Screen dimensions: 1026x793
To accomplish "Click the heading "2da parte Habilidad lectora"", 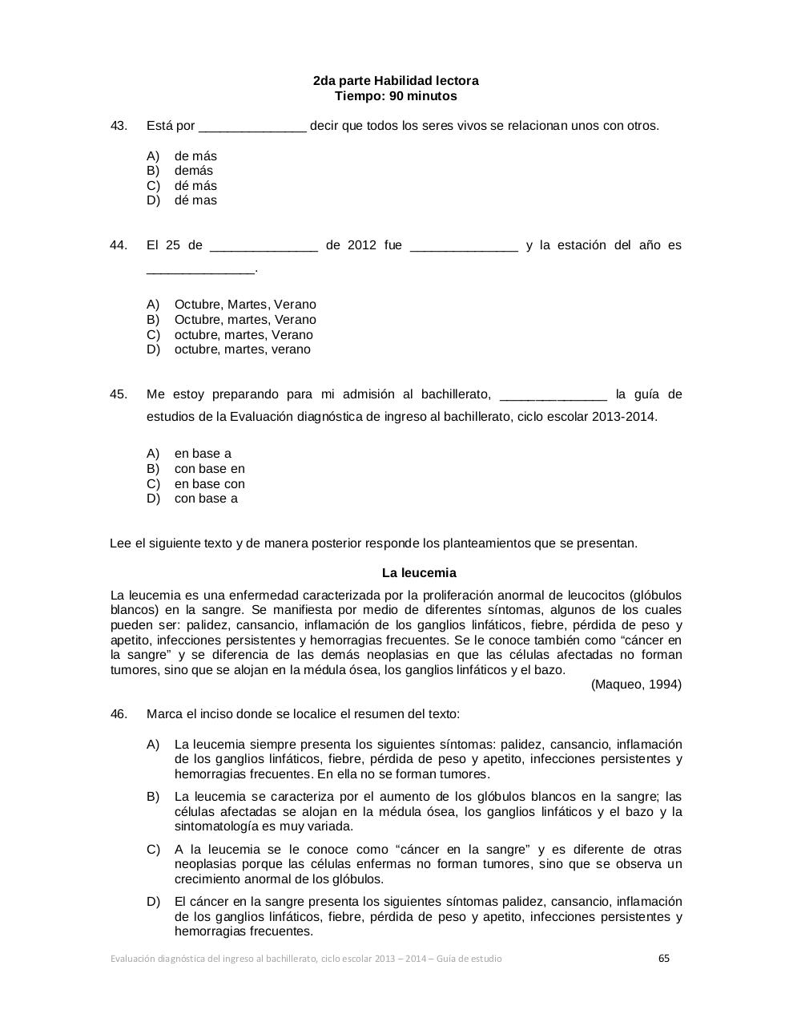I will (x=396, y=81).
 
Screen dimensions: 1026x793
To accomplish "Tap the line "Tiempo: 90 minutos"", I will (x=396, y=96).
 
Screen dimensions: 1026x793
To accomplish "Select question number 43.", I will (x=119, y=126).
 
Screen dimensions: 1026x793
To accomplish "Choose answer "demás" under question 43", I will (x=194, y=171).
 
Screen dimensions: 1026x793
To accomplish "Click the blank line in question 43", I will (x=252, y=127).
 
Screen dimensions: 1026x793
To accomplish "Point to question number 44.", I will (x=119, y=245).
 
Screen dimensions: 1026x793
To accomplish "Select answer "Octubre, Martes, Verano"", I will (x=245, y=305).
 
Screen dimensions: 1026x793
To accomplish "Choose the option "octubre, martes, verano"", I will (x=242, y=349).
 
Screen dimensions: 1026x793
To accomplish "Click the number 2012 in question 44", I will (x=362, y=245).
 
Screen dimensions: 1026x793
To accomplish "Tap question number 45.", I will (x=119, y=394).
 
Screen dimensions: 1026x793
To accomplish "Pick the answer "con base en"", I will (x=210, y=469).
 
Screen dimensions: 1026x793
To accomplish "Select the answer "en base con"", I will (x=210, y=484).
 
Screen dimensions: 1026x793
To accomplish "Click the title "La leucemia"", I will (x=419, y=573).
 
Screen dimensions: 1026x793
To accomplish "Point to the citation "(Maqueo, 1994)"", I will (x=636, y=685).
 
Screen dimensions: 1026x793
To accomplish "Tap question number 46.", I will (x=119, y=714).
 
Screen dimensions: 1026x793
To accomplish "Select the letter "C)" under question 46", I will (x=153, y=850).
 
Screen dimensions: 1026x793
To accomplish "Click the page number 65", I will (x=664, y=958).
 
